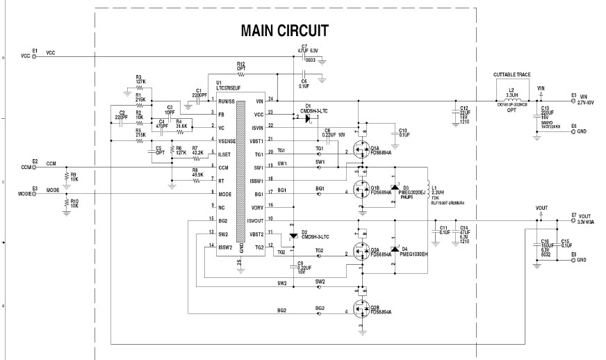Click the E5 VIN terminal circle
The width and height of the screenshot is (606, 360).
point(573,101)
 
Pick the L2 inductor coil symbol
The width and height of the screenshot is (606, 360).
point(510,100)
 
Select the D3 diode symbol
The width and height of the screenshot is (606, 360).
point(394,188)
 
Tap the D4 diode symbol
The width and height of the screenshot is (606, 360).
point(394,248)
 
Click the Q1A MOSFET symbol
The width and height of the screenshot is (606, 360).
point(359,148)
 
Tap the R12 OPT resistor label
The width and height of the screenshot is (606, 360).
point(241,66)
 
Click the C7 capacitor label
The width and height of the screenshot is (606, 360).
point(304,47)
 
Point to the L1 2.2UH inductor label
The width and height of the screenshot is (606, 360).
point(435,190)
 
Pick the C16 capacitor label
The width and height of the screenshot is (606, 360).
point(546,243)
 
